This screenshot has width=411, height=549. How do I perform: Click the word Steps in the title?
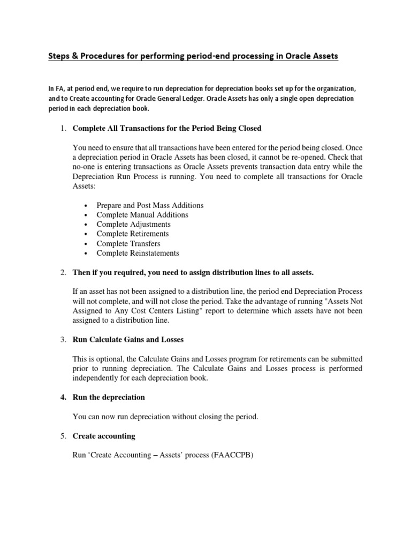tap(60, 56)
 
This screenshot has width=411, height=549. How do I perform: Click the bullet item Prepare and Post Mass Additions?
tap(150, 205)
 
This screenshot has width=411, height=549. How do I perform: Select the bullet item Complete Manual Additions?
tap(142, 215)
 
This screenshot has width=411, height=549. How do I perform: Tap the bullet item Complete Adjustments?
tap(134, 224)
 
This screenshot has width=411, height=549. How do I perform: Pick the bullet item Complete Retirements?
tap(133, 234)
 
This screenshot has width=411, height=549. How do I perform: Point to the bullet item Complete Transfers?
tap(128, 243)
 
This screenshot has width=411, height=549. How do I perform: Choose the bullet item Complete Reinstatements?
tap(138, 253)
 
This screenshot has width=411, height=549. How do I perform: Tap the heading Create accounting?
tap(103, 436)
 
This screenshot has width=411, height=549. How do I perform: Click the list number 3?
tap(62, 339)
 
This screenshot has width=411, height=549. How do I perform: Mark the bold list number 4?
tap(62, 397)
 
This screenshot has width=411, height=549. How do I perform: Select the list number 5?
tap(62, 436)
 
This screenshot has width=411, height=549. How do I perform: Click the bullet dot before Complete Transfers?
tap(87, 244)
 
